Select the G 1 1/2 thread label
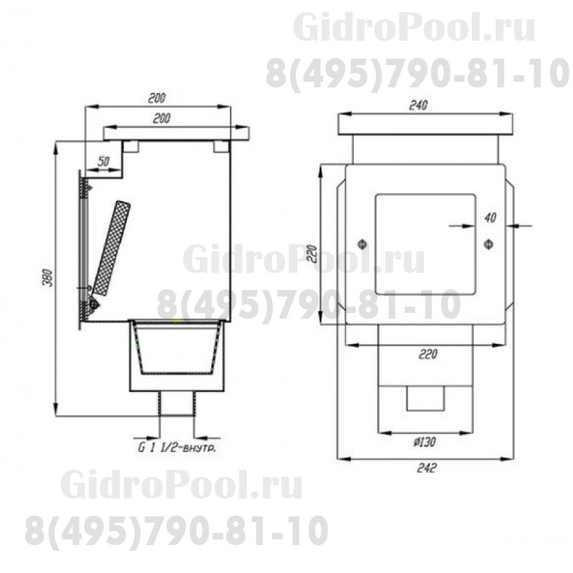(x=177, y=448)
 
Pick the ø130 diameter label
(x=424, y=442)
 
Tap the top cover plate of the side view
(x=176, y=133)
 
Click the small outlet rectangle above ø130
(x=425, y=398)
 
